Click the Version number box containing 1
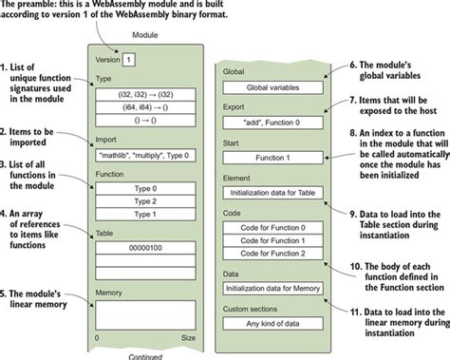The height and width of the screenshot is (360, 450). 128,59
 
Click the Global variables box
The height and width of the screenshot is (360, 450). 272,88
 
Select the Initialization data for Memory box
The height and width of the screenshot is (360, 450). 272,287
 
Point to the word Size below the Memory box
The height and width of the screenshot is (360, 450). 187,337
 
